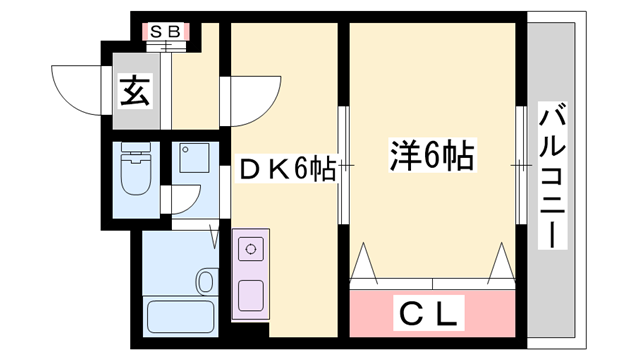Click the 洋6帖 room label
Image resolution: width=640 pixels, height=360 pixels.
[430, 157]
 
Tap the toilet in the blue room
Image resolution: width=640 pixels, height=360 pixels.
[133, 172]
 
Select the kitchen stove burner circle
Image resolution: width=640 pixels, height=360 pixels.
[251, 246]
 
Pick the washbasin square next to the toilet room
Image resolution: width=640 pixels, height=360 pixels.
[192, 157]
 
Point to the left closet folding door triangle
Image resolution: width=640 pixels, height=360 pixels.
[364, 263]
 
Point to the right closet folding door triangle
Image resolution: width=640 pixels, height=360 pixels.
[502, 263]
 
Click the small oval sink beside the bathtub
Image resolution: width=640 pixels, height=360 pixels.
[206, 282]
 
